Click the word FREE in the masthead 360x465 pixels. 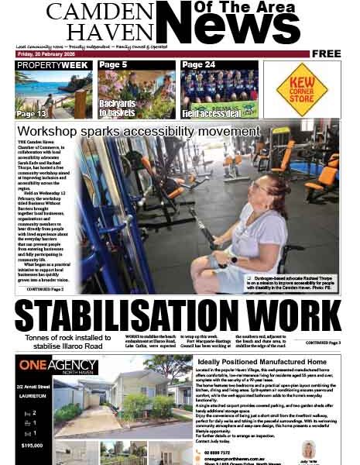[327, 53]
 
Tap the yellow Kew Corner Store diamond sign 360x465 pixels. [302, 89]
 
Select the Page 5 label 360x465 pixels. [113, 65]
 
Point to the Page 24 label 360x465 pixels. [198, 65]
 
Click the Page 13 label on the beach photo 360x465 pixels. [32, 113]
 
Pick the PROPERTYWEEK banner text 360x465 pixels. [53, 65]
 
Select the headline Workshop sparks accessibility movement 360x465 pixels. [139, 131]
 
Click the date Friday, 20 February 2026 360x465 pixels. [46, 53]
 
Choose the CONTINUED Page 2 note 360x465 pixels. [45, 289]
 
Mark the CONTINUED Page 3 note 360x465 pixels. [323, 342]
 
